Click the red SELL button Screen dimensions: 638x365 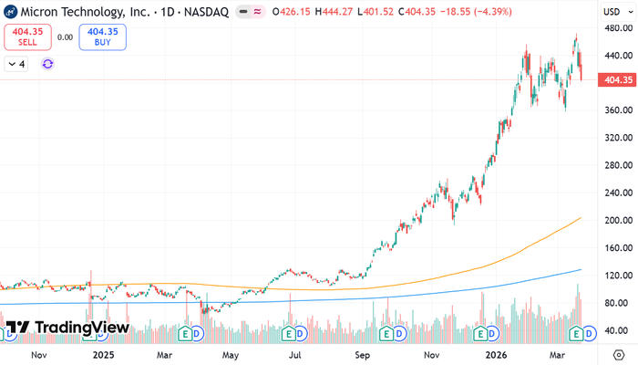point(27,37)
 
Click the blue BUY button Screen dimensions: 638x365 point(102,37)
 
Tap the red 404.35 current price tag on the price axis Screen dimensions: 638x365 point(617,80)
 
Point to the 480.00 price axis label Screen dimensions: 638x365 point(619,28)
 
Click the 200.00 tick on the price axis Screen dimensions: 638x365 point(619,221)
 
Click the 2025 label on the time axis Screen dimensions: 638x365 point(103,355)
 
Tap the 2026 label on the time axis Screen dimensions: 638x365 point(497,355)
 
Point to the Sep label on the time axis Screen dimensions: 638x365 point(362,355)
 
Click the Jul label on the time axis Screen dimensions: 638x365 point(295,355)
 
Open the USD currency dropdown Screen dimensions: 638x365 point(618,12)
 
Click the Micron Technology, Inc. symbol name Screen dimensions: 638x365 point(86,12)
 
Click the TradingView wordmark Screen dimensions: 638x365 point(67,327)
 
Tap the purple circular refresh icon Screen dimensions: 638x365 point(47,64)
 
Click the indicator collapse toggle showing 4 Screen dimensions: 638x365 point(16,64)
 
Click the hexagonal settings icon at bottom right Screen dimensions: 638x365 point(619,355)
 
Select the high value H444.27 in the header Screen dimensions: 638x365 point(334,12)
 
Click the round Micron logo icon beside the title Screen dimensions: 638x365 point(10,12)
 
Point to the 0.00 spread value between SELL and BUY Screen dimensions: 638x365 point(65,37)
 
